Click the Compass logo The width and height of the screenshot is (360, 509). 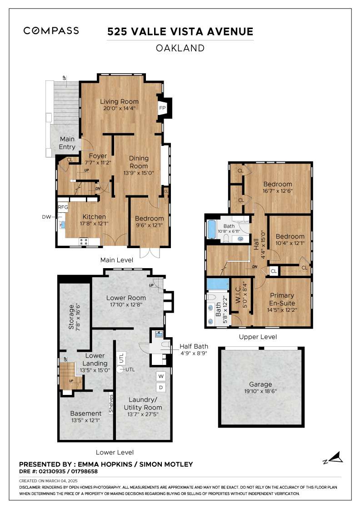[x=51, y=31]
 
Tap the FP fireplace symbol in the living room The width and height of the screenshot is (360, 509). [x=162, y=108]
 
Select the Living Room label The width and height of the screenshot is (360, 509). [x=119, y=101]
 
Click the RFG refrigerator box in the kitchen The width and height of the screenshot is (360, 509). [x=63, y=207]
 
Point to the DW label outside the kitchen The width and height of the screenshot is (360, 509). [x=46, y=217]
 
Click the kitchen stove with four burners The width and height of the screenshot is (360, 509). [x=84, y=241]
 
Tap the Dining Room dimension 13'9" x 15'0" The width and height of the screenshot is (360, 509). [x=139, y=173]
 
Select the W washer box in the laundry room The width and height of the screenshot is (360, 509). [x=161, y=376]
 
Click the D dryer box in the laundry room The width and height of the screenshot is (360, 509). [x=161, y=387]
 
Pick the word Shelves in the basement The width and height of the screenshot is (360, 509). [x=111, y=404]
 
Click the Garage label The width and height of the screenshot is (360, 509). [x=260, y=384]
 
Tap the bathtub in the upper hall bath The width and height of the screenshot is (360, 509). [x=212, y=229]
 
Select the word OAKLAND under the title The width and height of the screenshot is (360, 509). [x=180, y=48]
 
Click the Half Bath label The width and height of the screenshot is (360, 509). [x=194, y=346]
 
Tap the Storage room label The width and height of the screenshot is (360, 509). [x=71, y=317]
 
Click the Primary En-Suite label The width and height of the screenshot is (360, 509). [x=282, y=299]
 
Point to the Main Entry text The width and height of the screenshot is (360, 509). [x=67, y=143]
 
